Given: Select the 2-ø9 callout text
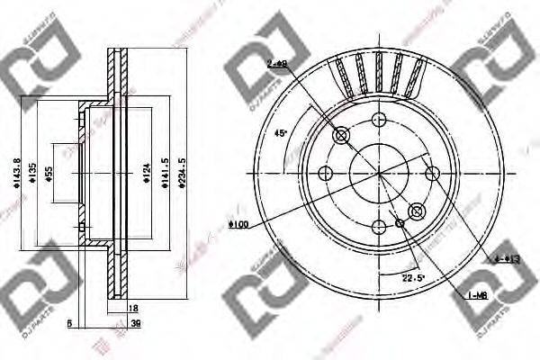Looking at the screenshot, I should [276, 65].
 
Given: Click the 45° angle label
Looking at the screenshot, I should [281, 132].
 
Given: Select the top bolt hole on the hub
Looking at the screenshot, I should [378, 120].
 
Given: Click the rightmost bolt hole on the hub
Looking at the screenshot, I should [432, 174].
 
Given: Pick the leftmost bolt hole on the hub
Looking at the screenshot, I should [325, 174].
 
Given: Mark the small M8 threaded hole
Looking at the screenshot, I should [400, 222].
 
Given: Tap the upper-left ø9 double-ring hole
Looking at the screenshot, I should [341, 136].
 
